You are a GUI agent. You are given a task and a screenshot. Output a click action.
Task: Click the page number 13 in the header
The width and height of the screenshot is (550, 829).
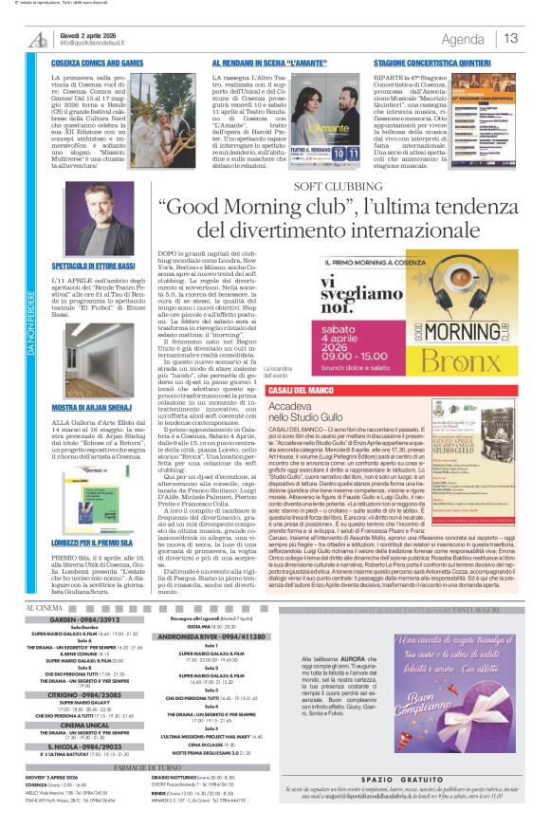pos(511,39)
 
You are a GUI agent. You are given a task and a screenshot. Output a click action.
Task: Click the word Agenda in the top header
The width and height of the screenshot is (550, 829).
pos(463,39)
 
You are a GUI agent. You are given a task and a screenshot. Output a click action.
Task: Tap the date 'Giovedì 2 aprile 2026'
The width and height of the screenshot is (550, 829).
pos(91,35)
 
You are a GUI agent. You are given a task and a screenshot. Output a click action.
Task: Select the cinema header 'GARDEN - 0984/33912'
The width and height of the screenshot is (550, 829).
pos(82,618)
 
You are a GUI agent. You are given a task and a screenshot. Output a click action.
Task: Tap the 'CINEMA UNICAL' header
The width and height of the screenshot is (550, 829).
pos(82,723)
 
